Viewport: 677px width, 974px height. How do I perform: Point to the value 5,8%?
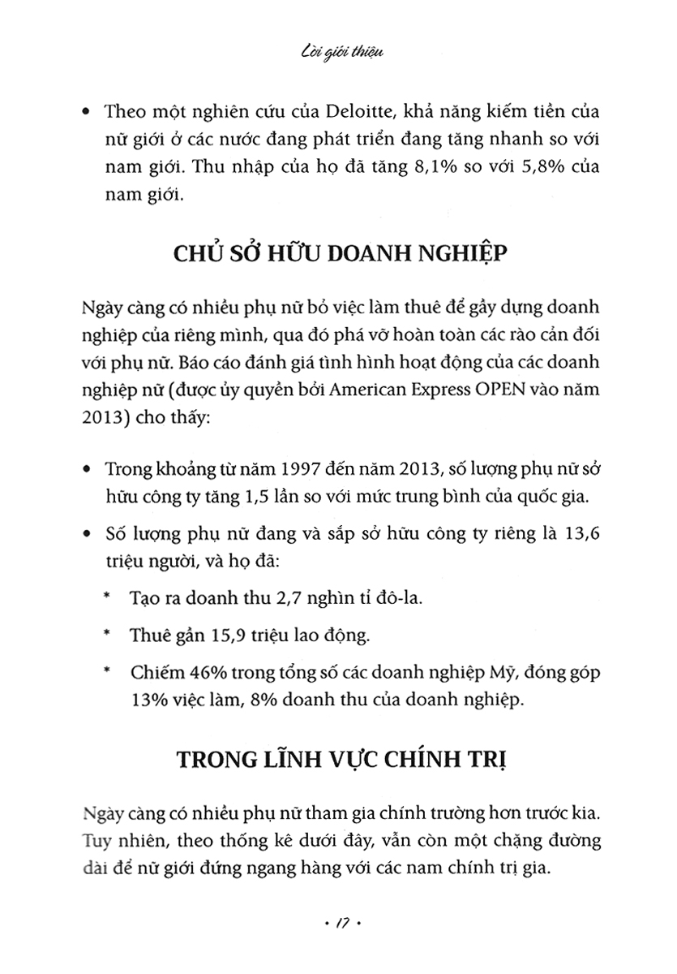(507, 166)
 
